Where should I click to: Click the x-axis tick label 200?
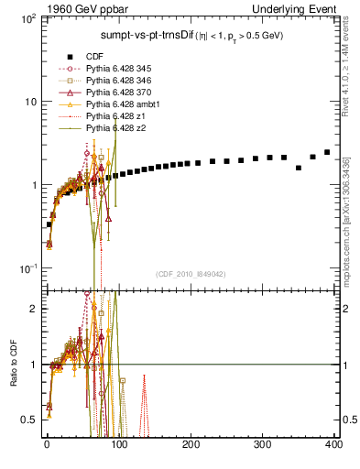(x=191, y=444)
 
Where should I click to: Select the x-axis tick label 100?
(x=119, y=444)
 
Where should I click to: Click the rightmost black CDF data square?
(x=327, y=152)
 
